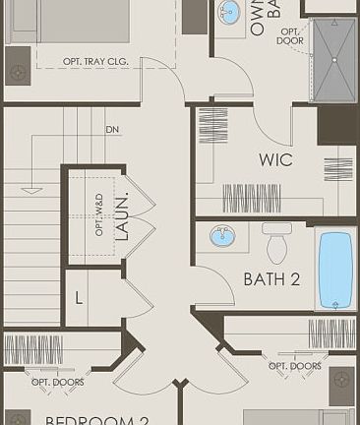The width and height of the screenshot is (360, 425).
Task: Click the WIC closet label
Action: [275, 160]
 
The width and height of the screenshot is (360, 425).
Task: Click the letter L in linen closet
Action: [79, 297]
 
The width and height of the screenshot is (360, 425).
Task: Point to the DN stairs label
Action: [113, 130]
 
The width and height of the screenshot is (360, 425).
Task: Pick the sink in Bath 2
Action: [223, 236]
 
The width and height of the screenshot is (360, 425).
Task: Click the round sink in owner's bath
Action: [229, 13]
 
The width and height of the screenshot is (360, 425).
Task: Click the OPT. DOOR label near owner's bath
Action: [290, 36]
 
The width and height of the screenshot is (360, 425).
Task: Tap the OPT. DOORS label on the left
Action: [57, 382]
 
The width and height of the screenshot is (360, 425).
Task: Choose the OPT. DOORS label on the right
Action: [295, 366]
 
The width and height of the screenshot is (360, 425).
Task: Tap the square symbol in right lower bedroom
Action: [341, 380]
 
